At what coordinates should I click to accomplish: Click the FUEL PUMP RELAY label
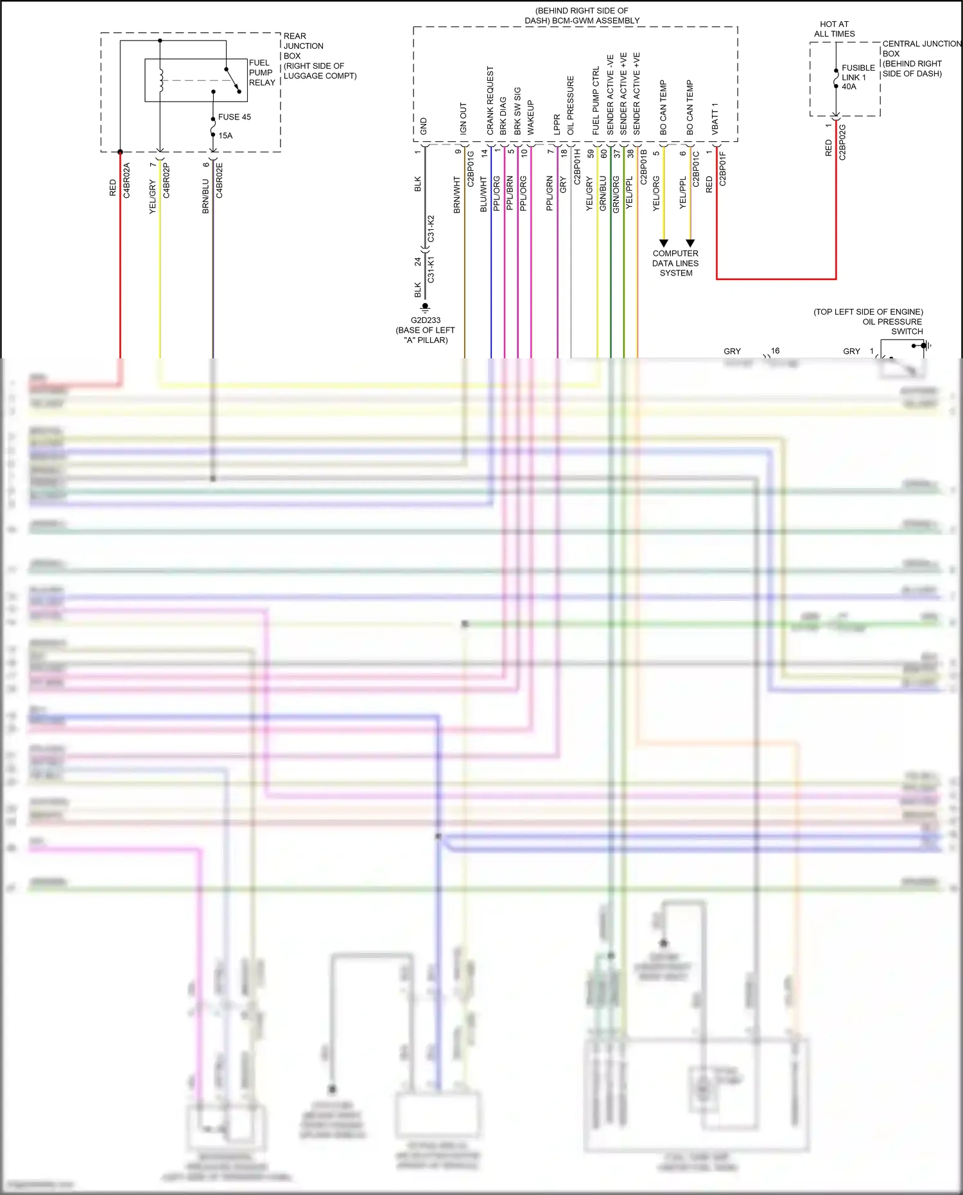pos(261,73)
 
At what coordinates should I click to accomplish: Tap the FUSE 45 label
pos(234,117)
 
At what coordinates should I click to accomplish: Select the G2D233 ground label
pos(426,320)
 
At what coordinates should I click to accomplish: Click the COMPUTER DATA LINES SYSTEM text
pos(675,263)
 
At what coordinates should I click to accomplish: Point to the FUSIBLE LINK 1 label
pos(858,73)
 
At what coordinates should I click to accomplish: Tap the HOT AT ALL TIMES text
pos(835,29)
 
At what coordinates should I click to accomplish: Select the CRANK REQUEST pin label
pos(490,101)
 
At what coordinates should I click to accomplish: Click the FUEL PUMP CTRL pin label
pos(596,101)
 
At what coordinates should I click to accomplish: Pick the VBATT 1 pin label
pos(715,119)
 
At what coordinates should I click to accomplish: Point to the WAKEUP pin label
pos(530,118)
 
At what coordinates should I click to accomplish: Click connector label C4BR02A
pos(126,180)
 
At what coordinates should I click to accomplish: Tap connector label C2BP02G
pos(842,142)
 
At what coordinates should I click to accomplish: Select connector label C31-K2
pos(431,229)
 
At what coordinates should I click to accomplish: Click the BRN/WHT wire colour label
pos(457,195)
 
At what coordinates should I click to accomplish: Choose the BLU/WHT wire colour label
pos(483,195)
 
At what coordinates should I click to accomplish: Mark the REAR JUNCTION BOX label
pos(303,46)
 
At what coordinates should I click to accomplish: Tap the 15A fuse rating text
pos(225,135)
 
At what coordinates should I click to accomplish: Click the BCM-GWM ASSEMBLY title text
pos(582,21)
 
